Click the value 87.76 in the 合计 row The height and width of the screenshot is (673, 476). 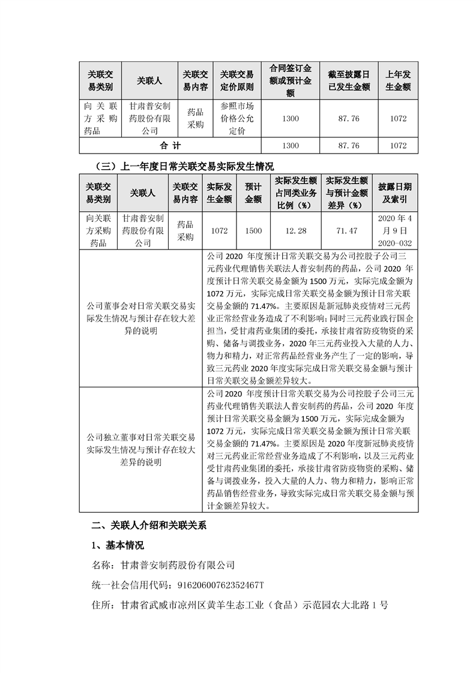(349, 146)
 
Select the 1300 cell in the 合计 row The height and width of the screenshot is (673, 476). (291, 146)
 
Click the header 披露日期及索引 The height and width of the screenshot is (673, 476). (395, 193)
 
